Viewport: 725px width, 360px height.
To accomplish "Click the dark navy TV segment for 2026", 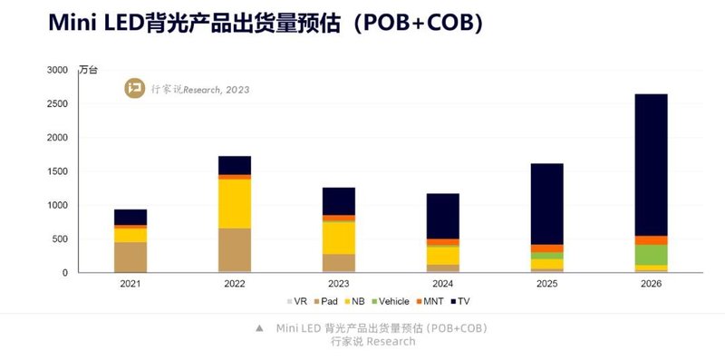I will (651, 164).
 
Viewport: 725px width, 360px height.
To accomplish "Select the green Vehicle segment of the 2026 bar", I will (651, 255).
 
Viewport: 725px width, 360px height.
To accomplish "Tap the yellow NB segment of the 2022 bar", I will (235, 203).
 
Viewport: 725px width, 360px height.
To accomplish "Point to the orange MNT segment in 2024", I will (442, 242).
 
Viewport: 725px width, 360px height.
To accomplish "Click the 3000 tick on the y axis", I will (57, 70).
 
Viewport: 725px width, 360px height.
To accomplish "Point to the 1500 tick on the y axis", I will (57, 171).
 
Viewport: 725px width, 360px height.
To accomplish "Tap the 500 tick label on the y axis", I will (60, 239).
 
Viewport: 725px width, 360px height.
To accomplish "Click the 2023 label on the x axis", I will (339, 284).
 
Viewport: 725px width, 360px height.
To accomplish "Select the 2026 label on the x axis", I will (651, 284).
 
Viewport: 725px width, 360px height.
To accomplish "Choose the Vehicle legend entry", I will (390, 301).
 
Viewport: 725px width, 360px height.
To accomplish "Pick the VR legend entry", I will (298, 301).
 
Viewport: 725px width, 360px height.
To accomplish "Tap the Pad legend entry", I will (328, 301).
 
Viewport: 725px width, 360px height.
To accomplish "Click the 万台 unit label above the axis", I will (88, 70).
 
